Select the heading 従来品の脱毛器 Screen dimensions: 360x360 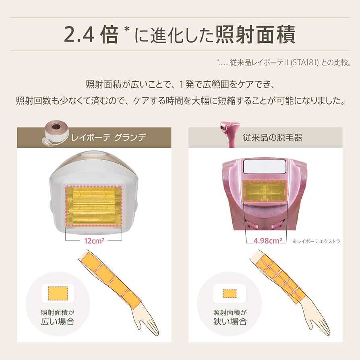tap(273, 138)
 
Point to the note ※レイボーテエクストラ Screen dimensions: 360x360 tap(317, 241)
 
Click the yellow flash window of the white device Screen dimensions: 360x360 tap(93, 206)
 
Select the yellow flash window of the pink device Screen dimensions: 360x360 tap(264, 190)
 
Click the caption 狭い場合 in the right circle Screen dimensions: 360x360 tap(230, 322)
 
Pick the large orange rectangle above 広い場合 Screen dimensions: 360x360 tap(58, 293)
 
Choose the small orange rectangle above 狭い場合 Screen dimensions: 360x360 tap(230, 293)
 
